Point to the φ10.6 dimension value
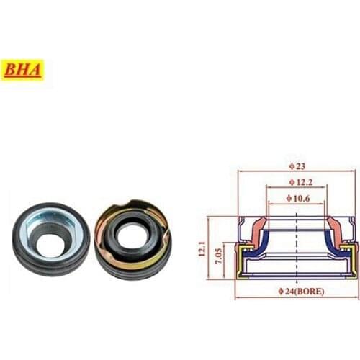297,198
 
